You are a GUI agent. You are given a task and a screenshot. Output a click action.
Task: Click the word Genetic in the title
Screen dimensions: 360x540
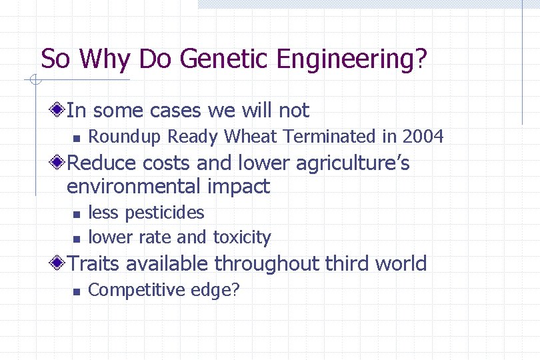[x=225, y=59]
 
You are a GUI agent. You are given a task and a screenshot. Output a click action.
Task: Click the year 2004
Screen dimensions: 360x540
[x=423, y=137]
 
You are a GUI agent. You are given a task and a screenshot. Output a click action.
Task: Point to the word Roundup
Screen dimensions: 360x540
[x=125, y=137]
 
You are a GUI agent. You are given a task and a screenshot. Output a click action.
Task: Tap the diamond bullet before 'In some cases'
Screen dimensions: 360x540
[x=59, y=109]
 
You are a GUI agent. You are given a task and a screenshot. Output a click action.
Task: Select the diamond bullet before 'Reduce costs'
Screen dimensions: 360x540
[x=59, y=163]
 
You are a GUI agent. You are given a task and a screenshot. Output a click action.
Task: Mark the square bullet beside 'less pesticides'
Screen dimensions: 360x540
[x=76, y=214]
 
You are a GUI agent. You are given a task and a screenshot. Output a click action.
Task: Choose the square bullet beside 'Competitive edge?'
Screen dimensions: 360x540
[x=76, y=291]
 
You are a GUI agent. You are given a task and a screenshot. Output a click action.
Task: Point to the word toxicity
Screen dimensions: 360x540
[x=242, y=237]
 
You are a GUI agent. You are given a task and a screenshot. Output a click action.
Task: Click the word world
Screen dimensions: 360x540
[x=401, y=263]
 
